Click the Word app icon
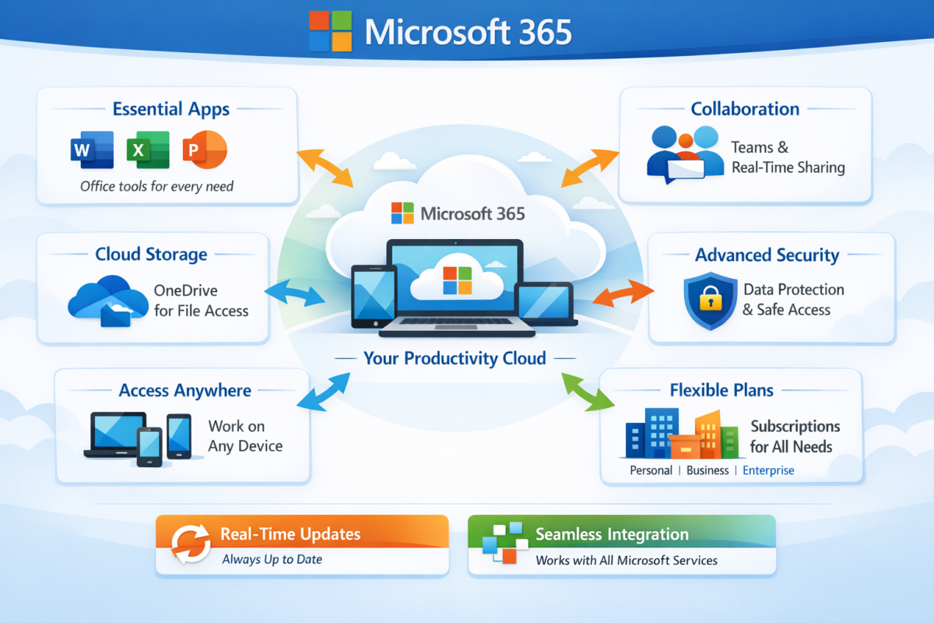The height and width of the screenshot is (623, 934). click(92, 150)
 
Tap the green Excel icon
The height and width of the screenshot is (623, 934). click(148, 150)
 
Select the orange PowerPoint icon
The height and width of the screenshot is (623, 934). click(204, 150)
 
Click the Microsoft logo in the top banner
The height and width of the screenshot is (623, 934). click(331, 32)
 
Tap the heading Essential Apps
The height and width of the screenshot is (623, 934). click(170, 109)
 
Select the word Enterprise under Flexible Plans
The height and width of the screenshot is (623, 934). click(768, 470)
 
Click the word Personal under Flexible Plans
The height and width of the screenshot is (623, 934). click(651, 470)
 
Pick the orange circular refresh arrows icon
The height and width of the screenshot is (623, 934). click(191, 544)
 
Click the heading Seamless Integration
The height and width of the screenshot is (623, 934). click(612, 534)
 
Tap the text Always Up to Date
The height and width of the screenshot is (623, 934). click(272, 559)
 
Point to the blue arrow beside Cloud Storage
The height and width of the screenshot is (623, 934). click(295, 294)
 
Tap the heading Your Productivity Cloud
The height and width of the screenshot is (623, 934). click(455, 358)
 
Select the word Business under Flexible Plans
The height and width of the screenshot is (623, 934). click(708, 470)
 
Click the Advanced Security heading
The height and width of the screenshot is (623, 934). click(767, 255)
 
